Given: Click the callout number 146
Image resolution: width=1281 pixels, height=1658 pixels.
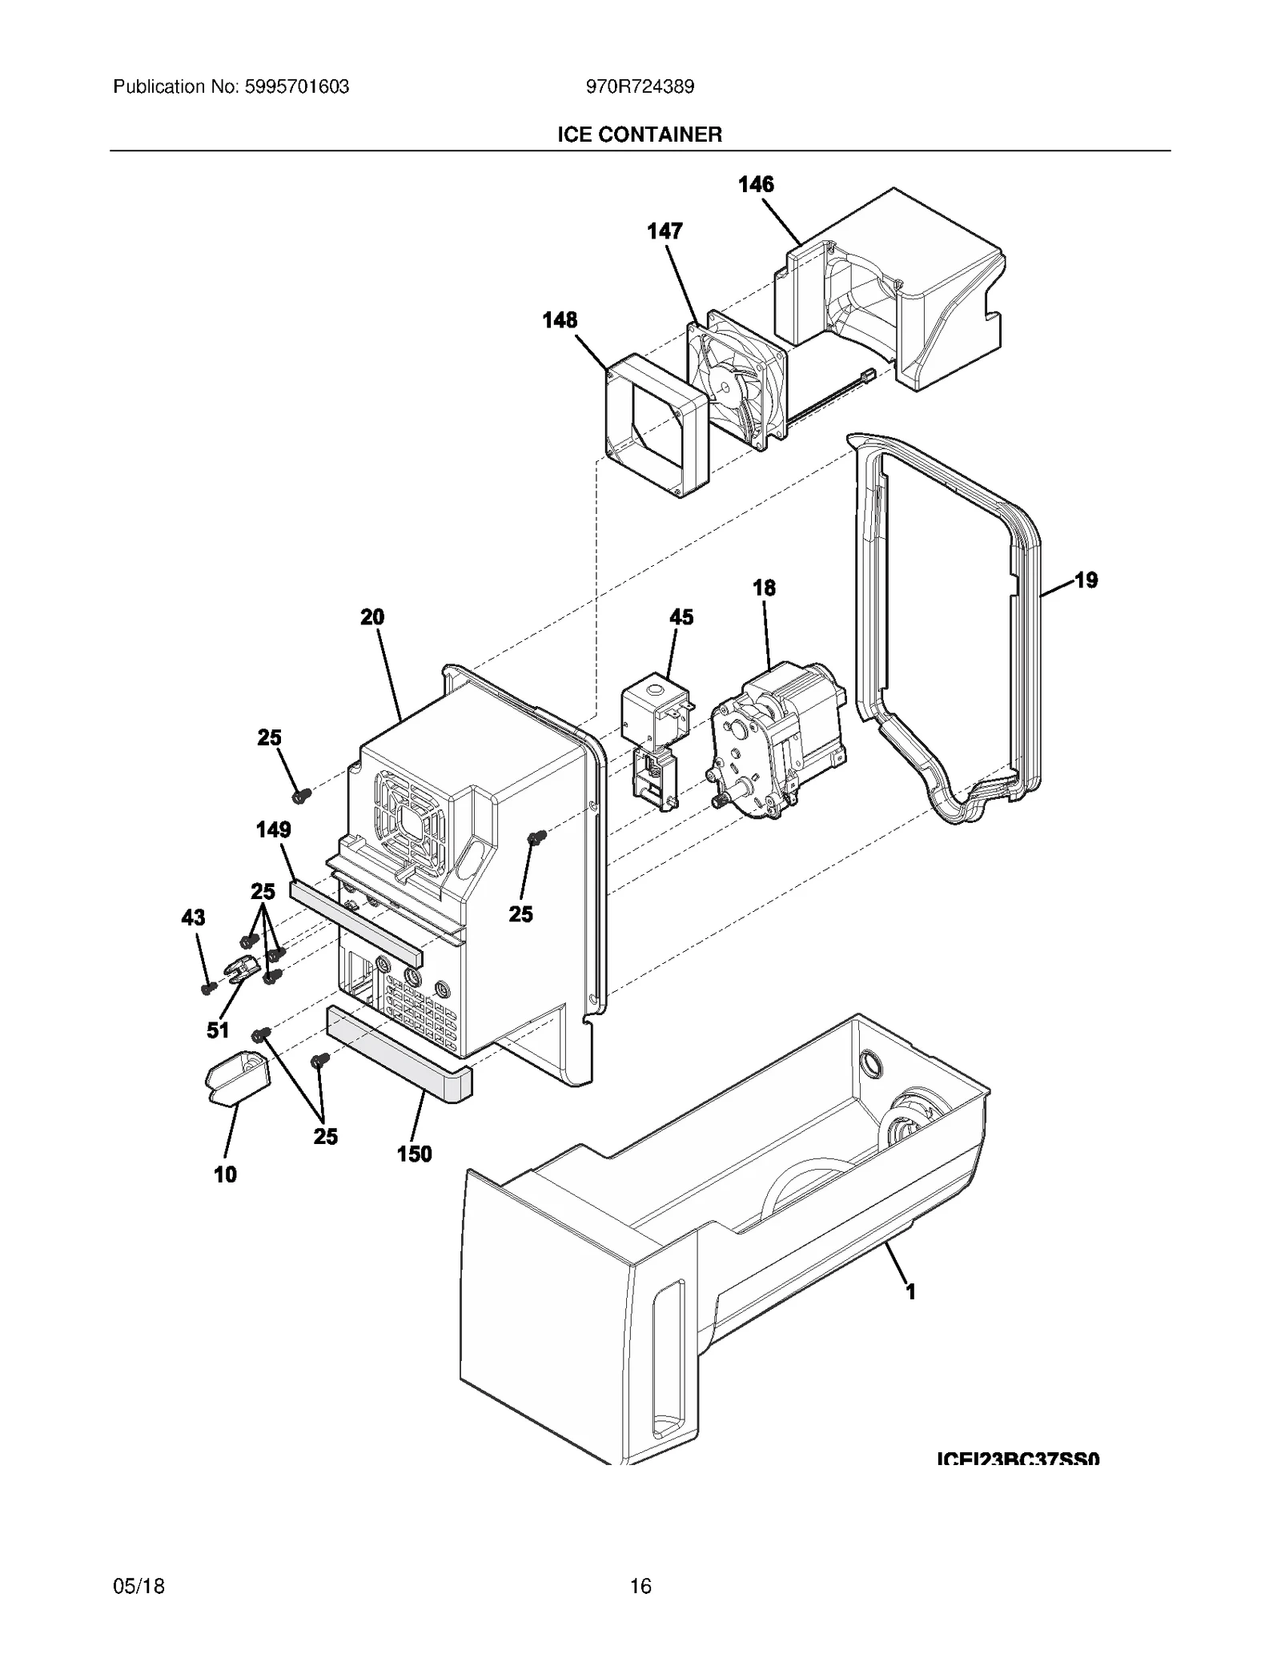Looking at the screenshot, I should [x=755, y=184].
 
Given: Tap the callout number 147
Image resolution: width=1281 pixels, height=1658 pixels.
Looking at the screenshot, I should [x=665, y=231].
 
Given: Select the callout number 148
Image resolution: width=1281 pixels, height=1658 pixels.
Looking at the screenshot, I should [x=559, y=320].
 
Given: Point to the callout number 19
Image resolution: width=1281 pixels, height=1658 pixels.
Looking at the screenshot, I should [x=1086, y=580].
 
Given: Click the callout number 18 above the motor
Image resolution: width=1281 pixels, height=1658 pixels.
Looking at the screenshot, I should [x=764, y=588].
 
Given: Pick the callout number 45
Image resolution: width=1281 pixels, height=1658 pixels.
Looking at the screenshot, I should [x=681, y=616].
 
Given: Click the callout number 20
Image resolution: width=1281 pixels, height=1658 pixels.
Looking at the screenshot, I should [x=372, y=616].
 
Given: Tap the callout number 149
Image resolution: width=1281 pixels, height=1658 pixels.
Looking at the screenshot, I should [x=273, y=829].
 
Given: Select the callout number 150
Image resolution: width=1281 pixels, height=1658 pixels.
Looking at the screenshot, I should [x=414, y=1154].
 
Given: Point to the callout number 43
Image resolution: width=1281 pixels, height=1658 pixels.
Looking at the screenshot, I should [x=193, y=917].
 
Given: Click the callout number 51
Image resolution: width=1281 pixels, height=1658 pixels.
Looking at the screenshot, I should [x=218, y=1030].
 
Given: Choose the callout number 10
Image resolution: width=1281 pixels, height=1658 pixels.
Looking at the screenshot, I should [x=225, y=1174].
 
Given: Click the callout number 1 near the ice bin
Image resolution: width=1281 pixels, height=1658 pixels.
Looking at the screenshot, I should [x=910, y=1291].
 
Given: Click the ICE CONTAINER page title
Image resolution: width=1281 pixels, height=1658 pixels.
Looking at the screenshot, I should [x=640, y=134].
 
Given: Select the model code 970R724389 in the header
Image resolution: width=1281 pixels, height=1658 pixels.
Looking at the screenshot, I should [x=640, y=86].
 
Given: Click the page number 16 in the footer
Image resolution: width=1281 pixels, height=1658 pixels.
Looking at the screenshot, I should [x=640, y=1586].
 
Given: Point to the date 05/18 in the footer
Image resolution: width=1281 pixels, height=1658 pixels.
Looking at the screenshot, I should [x=139, y=1586].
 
